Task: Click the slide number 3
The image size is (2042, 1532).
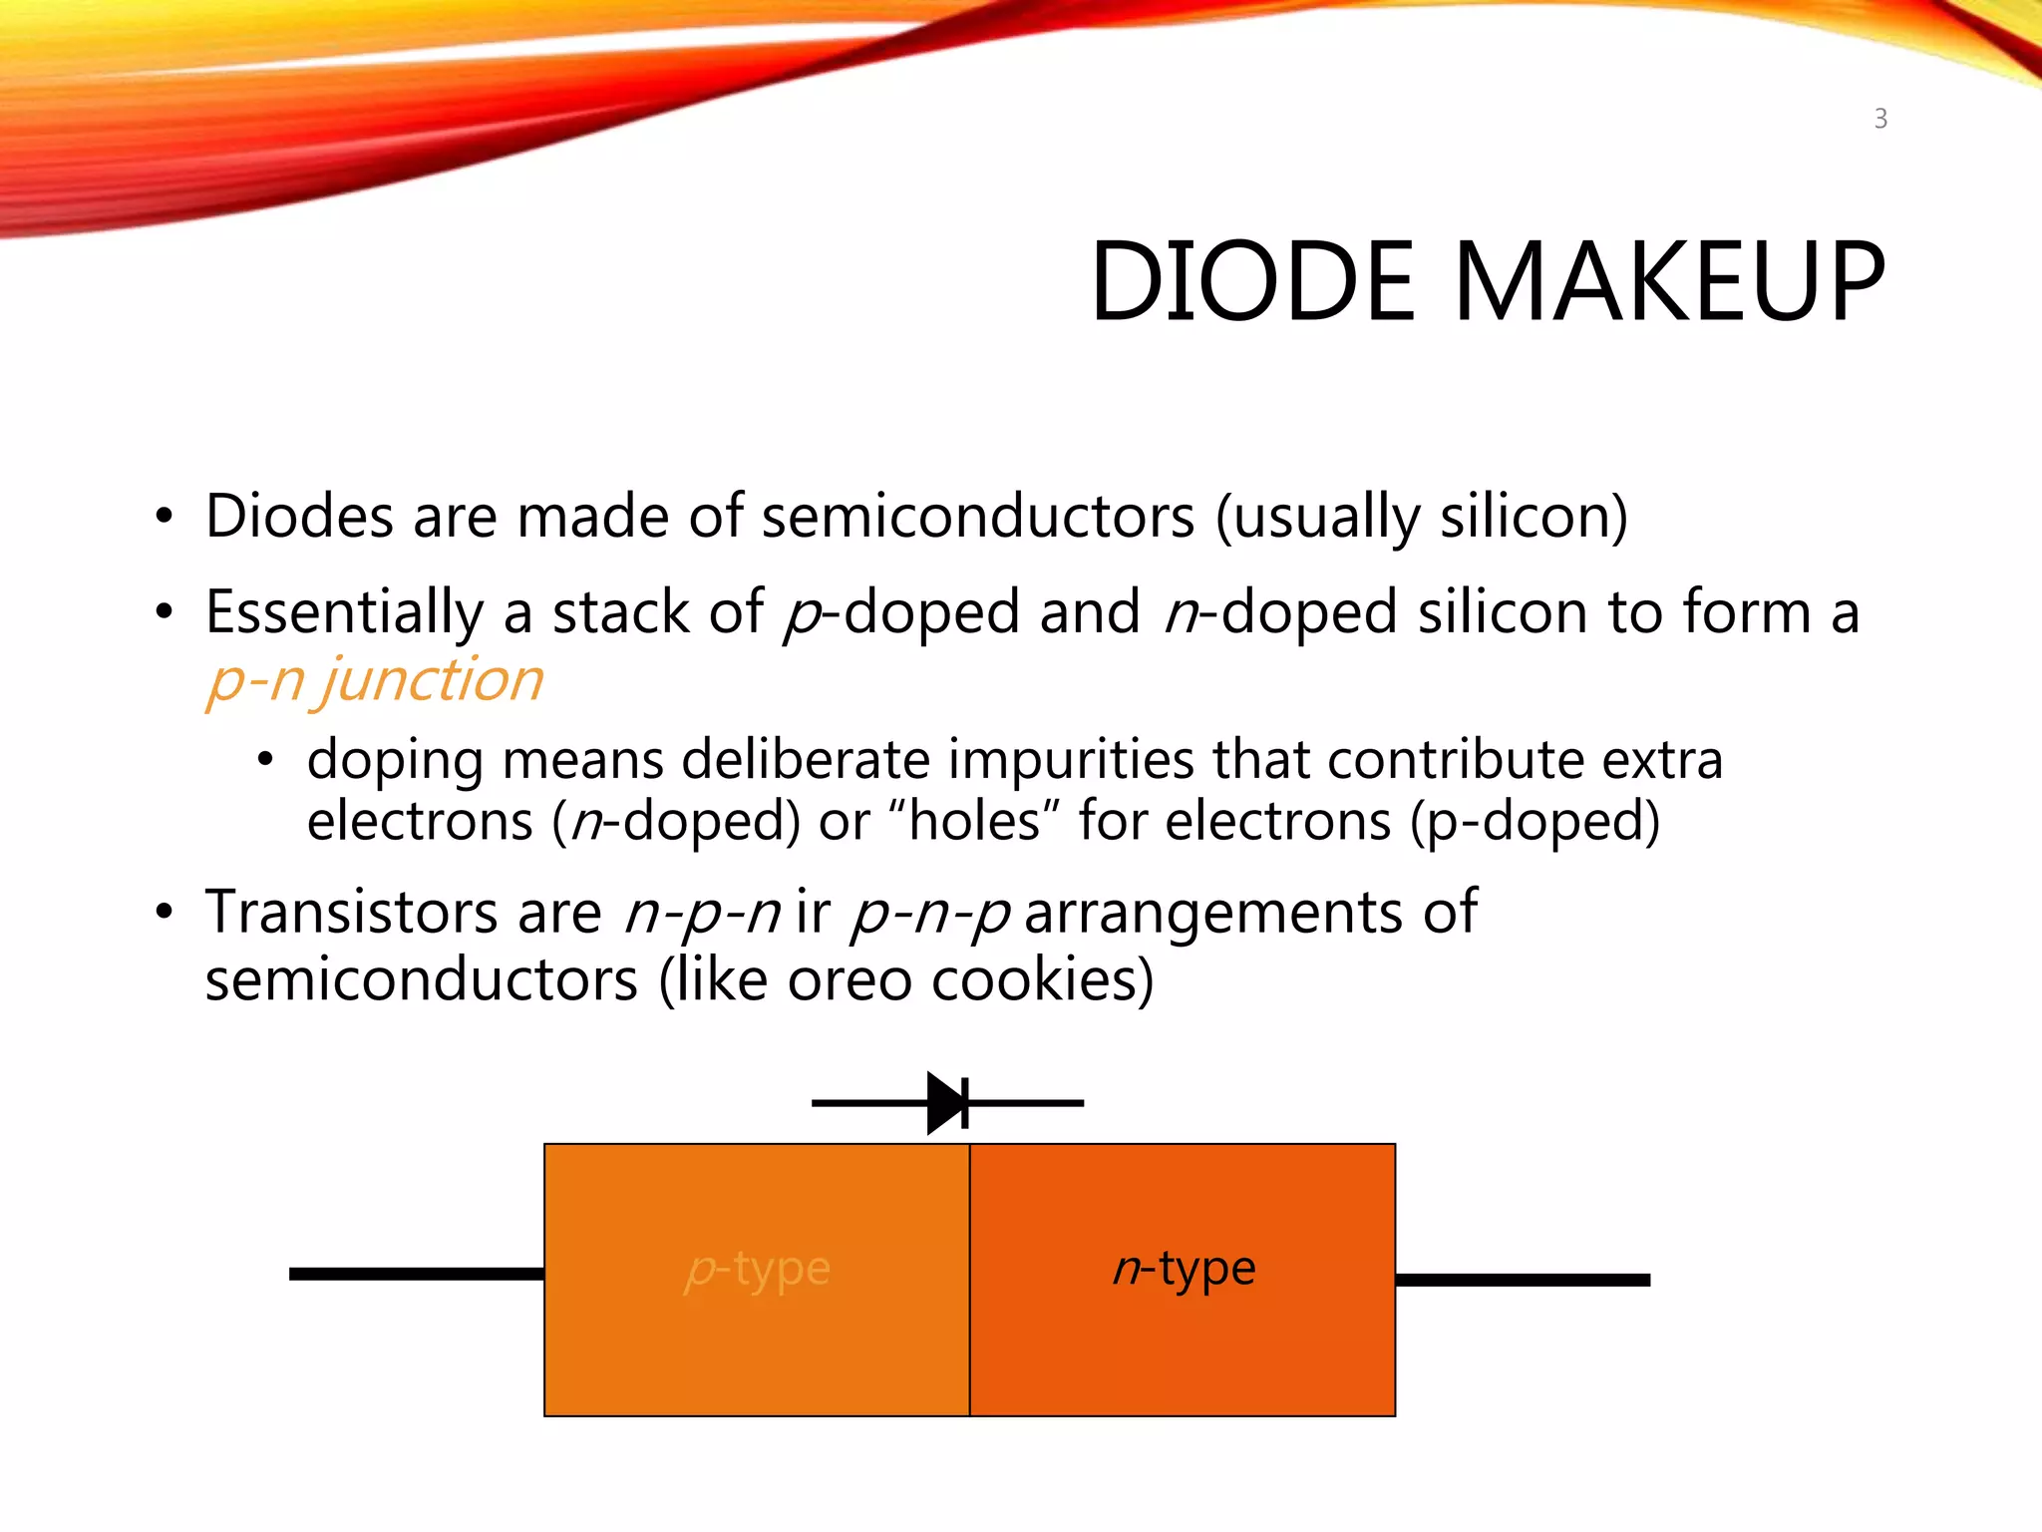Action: [1879, 120]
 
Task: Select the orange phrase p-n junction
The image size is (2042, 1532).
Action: [375, 681]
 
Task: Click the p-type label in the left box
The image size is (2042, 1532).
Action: [758, 1270]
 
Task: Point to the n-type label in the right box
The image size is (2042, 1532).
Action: [1184, 1270]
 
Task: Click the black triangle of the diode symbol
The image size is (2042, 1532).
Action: [946, 1103]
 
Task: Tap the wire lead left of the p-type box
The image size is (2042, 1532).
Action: [416, 1274]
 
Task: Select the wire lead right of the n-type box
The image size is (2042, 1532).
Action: [1523, 1280]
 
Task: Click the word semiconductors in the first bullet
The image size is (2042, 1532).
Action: [977, 517]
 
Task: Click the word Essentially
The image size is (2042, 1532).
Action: [344, 612]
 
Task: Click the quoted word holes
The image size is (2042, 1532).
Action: [975, 822]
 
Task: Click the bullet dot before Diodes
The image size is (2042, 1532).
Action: [165, 518]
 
